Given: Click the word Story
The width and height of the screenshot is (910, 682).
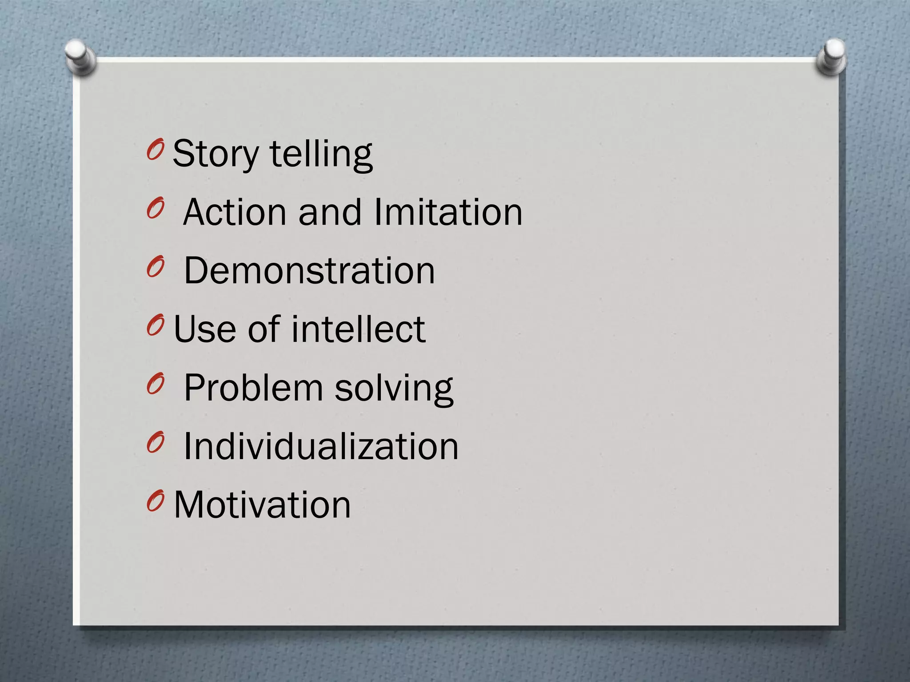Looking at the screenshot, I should point(216,154).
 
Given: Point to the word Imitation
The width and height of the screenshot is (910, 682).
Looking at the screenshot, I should point(448,212).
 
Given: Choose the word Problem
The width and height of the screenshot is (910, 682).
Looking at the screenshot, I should point(253,388).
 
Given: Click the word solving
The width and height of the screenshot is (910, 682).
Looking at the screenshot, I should point(394,389).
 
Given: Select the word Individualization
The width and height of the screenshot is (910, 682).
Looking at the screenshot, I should point(321,446).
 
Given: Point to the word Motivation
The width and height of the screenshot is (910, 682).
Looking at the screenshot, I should point(262,505).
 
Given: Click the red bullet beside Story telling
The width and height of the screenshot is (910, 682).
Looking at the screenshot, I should point(155,150).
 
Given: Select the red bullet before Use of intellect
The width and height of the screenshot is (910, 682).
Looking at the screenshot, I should point(155,326).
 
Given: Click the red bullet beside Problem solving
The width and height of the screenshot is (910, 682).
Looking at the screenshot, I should point(155,385).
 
